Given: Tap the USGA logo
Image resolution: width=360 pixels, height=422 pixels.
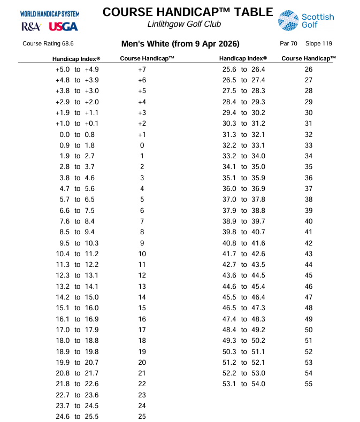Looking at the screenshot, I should coord(63,26).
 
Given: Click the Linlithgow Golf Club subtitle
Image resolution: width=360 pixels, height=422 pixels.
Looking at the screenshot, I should coord(184,24).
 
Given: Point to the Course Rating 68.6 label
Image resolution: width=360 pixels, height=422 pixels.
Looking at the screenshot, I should coord(48,44).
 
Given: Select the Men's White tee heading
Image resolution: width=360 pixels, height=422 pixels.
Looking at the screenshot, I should coord(180,44).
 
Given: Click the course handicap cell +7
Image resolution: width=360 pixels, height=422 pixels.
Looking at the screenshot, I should coord(142,70).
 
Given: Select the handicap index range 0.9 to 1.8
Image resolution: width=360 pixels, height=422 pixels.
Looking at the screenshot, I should coord(78,145).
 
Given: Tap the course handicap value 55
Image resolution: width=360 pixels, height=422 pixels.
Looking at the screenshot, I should coord(309,384).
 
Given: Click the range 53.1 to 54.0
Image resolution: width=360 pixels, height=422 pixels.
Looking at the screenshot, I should coord(243,384).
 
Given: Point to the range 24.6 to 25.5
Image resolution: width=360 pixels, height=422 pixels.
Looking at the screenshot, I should coord(77,416).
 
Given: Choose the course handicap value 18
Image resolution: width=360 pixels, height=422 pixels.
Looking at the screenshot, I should coord(142,340).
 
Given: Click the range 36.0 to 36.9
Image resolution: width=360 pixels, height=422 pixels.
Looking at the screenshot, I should coord(243,188).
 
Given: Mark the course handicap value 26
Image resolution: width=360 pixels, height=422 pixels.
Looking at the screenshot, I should coord(309,70).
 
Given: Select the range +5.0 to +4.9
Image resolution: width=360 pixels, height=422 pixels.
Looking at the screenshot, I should coord(77,70).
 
